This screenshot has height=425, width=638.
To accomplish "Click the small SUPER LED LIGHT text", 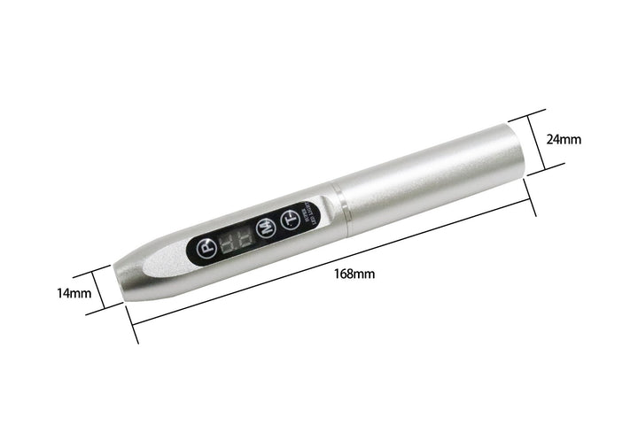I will point(309,215).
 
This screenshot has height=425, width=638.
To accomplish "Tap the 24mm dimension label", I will point(564,139).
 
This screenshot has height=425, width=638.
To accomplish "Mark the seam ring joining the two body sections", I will point(340,210).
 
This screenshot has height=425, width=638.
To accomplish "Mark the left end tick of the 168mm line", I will point(134,327).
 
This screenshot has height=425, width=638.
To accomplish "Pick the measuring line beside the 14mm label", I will point(105,288).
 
